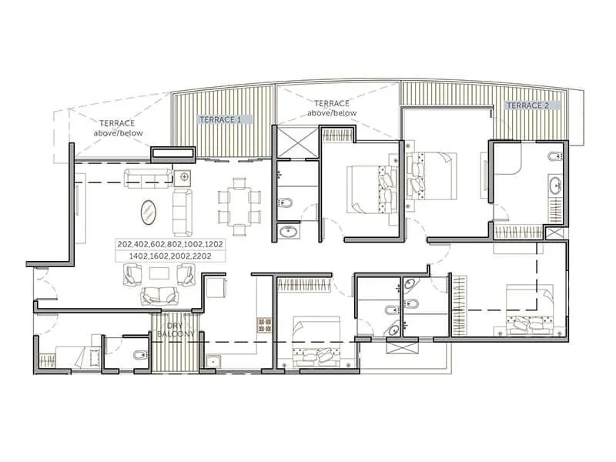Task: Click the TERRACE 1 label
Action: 220,120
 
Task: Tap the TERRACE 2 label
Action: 527,105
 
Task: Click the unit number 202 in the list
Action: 125,244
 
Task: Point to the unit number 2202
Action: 213,255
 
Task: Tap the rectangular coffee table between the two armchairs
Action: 159,273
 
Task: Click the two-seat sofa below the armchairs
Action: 159,295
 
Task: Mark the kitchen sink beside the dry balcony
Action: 212,360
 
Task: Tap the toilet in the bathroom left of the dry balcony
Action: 138,355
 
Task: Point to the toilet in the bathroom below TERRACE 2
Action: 552,159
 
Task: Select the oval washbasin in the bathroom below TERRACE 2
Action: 554,185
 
